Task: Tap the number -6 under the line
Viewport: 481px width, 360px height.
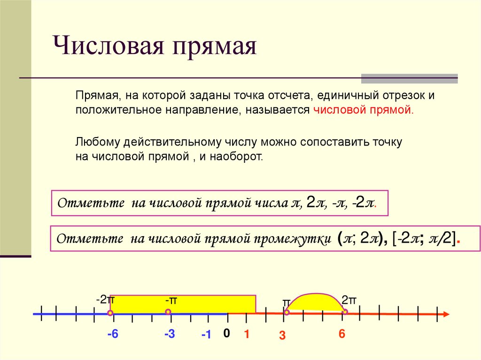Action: coord(112,334)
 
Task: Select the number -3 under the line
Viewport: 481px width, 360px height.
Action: coord(170,334)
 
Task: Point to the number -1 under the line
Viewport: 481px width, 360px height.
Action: coord(206,335)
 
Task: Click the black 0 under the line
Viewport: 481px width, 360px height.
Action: coord(226,333)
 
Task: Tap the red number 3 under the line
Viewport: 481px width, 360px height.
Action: coord(282,335)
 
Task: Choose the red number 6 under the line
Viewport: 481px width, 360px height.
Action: coord(341,334)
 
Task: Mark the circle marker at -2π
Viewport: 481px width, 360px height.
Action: coord(110,313)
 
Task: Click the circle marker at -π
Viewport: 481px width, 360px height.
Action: coord(168,312)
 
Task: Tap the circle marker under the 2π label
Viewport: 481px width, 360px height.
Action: coord(345,312)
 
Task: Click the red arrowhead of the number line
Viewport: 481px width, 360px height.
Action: coord(446,314)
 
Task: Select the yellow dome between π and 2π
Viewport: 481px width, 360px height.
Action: coord(315,302)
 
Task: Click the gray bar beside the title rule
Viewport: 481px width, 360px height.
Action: coord(409,78)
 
